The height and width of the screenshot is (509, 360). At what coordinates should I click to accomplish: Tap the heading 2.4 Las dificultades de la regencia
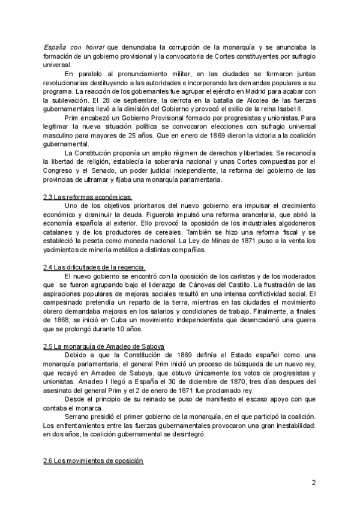tap(95, 267)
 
